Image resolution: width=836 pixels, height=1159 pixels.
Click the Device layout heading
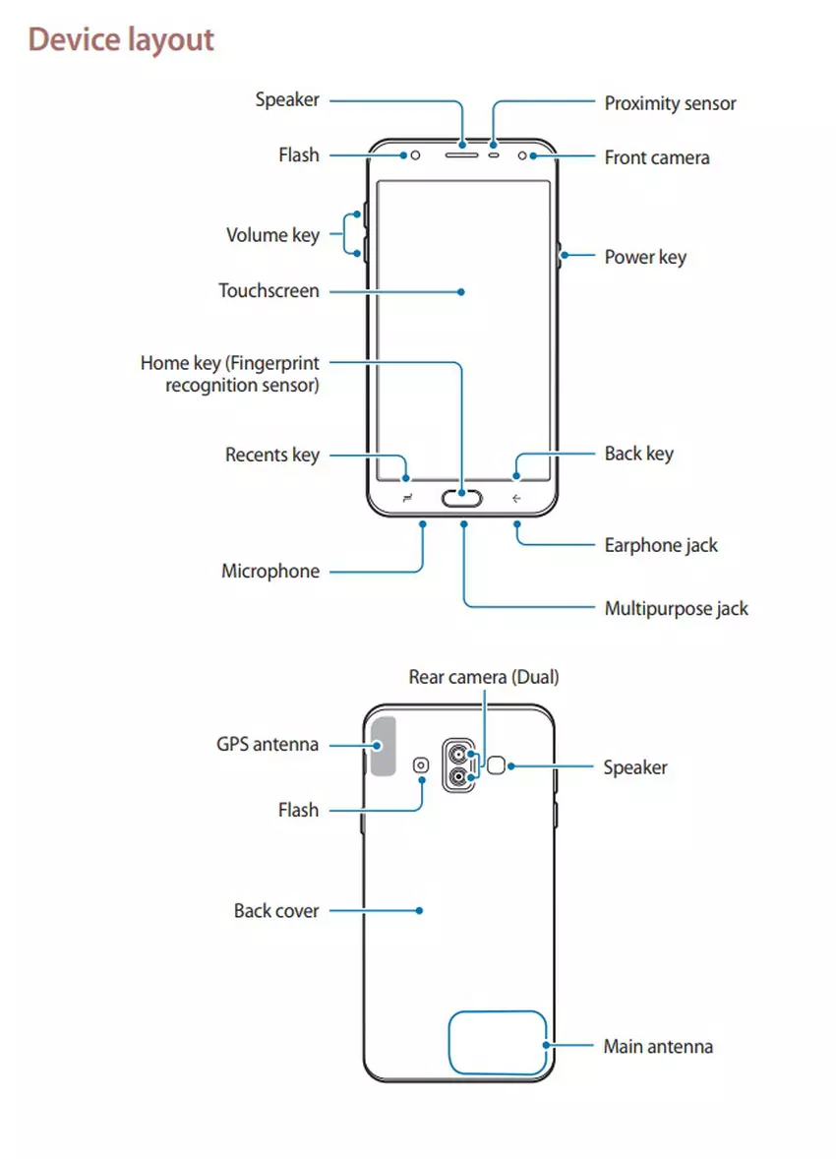[121, 40]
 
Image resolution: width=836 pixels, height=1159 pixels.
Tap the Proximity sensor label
[670, 103]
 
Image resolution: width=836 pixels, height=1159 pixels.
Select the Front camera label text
[656, 157]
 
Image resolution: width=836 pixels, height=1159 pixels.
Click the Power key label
[645, 258]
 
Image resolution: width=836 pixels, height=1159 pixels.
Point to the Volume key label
[272, 235]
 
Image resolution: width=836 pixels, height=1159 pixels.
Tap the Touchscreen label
[269, 291]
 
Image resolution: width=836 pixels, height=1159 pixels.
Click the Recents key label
[272, 455]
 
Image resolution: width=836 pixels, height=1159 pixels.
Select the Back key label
[638, 454]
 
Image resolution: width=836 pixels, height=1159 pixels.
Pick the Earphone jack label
[661, 545]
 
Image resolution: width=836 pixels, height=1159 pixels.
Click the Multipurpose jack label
[676, 608]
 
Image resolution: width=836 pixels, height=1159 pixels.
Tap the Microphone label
[270, 572]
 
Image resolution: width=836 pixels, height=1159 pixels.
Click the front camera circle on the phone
[534, 155]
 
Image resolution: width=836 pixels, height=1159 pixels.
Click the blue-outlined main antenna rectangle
[497, 1043]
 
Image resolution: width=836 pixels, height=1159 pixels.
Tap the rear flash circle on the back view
[423, 765]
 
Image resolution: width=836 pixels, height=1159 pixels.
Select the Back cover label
[276, 911]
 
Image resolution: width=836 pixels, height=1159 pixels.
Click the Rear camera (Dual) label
[484, 677]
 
